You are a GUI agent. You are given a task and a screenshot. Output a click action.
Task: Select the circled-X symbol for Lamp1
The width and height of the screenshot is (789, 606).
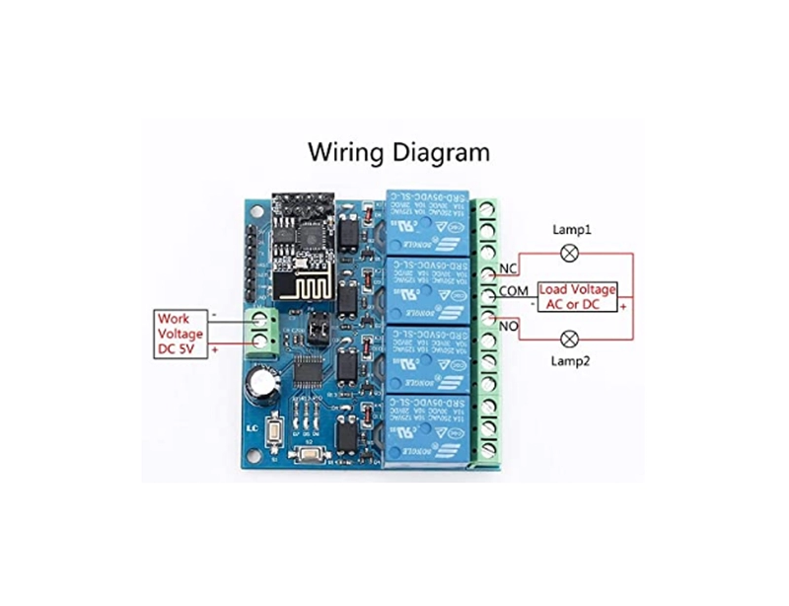[569, 252]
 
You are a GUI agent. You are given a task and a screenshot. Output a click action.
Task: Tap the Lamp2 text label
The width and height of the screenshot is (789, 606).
[569, 362]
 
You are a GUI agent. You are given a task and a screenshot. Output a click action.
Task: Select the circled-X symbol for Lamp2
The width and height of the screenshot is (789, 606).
[569, 339]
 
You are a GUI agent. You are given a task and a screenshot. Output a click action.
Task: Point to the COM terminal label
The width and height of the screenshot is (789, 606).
[515, 291]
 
